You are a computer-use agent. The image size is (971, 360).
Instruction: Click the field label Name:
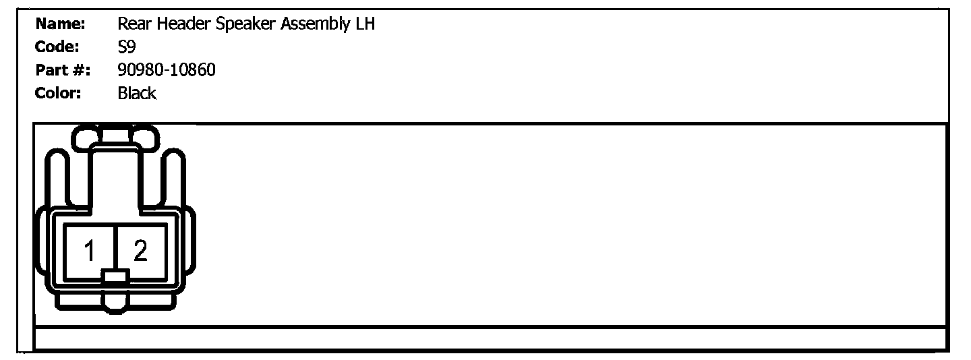tap(60, 25)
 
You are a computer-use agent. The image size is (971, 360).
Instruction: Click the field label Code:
tap(58, 47)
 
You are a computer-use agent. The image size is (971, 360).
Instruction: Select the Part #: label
tap(62, 70)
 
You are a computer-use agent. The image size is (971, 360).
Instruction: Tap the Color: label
tap(59, 93)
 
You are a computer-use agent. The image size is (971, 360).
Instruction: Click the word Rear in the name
tap(131, 25)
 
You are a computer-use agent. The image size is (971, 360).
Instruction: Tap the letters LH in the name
tap(365, 25)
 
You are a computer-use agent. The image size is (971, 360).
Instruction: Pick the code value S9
tap(126, 47)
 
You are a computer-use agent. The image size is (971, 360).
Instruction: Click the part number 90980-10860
tap(167, 70)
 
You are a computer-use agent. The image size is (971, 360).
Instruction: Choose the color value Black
tap(137, 93)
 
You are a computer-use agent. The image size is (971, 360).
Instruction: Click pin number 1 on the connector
tap(90, 251)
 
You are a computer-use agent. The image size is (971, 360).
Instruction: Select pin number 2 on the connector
tap(140, 251)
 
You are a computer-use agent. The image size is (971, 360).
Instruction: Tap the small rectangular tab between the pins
tap(116, 275)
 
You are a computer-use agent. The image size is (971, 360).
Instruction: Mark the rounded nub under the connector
tap(116, 303)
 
